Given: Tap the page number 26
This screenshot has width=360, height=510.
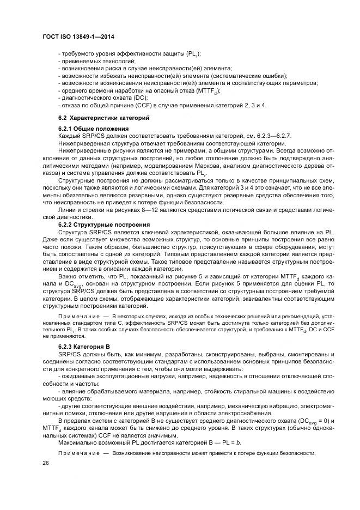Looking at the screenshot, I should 45,462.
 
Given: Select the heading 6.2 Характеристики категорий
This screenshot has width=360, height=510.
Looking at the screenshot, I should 103,118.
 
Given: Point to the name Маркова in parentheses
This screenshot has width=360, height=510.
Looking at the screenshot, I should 187,165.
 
